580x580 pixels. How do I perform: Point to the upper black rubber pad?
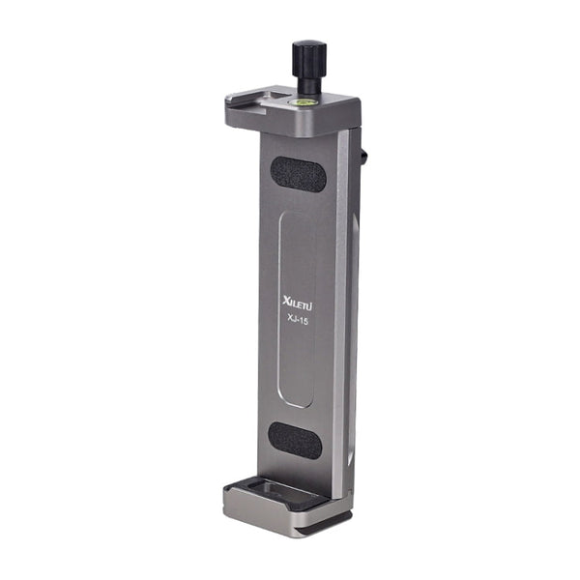(x=297, y=175)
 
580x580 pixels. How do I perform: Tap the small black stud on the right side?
(x=365, y=156)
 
